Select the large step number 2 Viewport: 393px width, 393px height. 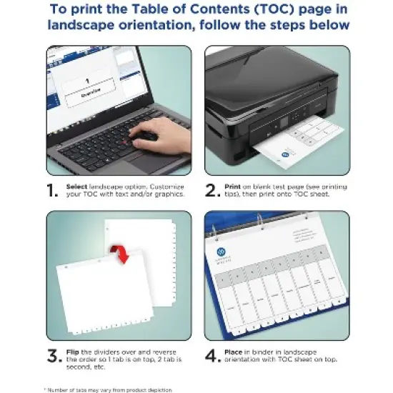point(211,190)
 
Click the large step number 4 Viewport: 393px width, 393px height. point(212,355)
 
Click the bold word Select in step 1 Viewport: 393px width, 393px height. point(76,186)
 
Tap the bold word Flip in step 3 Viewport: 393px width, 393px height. point(73,351)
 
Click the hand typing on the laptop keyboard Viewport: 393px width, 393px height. point(159,133)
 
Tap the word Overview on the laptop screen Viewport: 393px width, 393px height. point(89,92)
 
